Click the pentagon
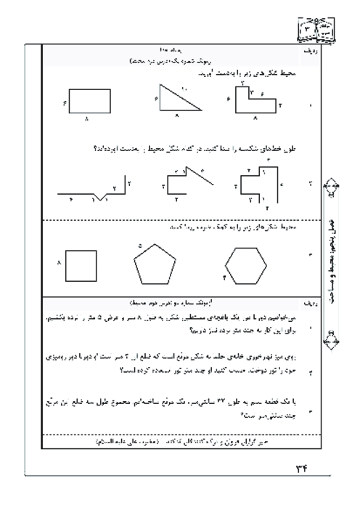(x=155, y=266)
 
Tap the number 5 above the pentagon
(x=139, y=246)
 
